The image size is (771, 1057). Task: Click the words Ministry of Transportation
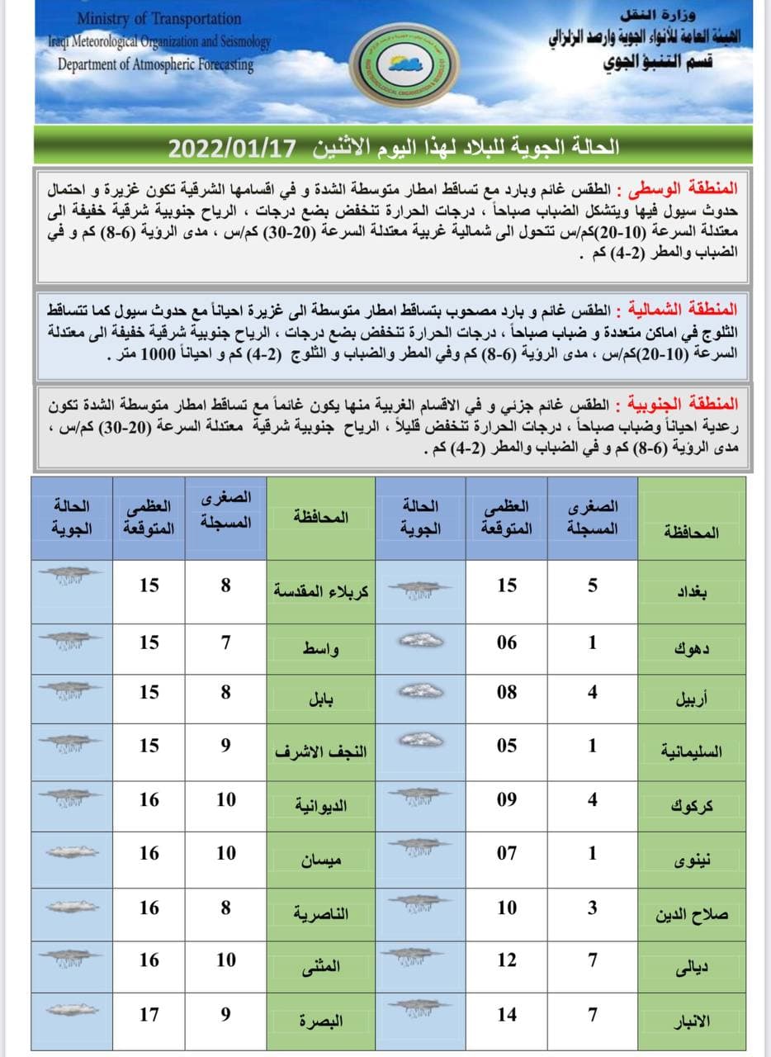(159, 18)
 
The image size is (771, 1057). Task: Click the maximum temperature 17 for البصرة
(149, 1014)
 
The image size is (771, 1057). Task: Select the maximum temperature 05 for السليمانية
(507, 746)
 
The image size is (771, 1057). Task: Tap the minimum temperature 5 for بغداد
(592, 585)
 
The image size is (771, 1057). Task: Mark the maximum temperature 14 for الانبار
(507, 1014)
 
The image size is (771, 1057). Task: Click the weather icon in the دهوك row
(420, 641)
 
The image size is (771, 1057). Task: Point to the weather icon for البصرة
(72, 1010)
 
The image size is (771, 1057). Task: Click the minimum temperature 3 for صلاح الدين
(592, 908)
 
